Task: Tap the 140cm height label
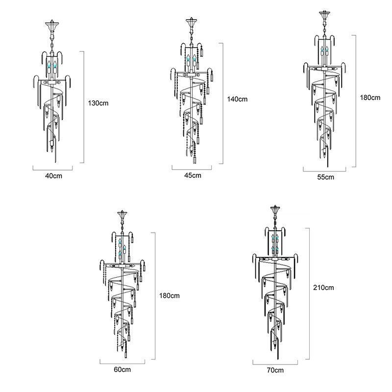point(237,99)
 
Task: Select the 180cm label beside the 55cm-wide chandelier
point(370,98)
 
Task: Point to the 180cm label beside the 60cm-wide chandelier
point(170,295)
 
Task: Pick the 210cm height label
point(323,288)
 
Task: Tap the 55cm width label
point(326,176)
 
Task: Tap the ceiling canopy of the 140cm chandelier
point(191,24)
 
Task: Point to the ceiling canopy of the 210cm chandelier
point(275,212)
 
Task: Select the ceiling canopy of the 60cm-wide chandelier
point(121,215)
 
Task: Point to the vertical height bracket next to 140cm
point(223,103)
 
